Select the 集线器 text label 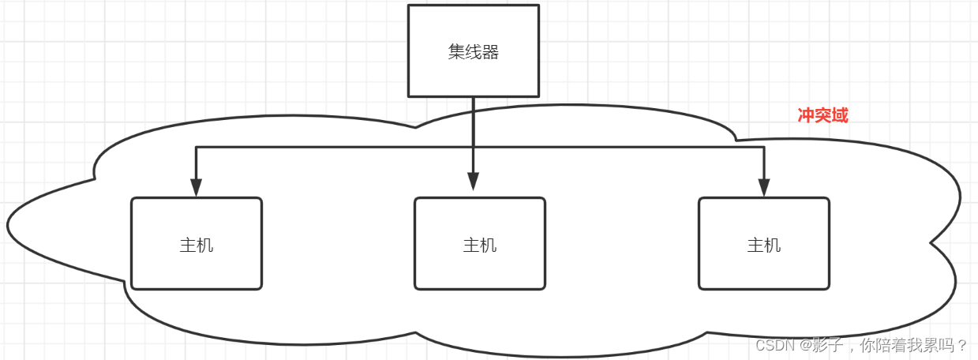(x=473, y=53)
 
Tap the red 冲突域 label (x=822, y=115)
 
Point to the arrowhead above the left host (x=196, y=188)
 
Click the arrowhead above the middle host (x=473, y=182)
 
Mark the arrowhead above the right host (x=763, y=188)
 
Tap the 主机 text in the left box (x=196, y=245)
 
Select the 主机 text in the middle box (x=479, y=245)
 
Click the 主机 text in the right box (x=763, y=245)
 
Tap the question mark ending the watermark (x=962, y=345)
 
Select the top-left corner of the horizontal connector (x=196, y=147)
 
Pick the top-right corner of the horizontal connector (x=763, y=147)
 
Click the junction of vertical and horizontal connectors (x=473, y=147)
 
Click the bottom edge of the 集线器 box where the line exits (x=473, y=96)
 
